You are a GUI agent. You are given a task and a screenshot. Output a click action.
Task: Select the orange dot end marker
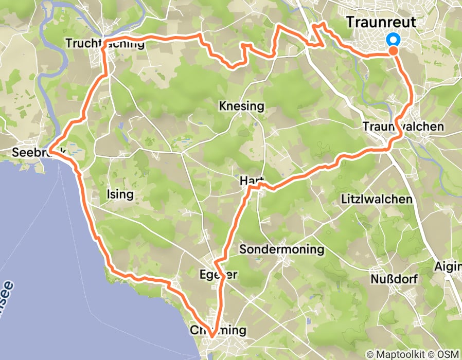[393, 50]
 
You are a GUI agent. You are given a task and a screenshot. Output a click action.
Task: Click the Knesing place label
[241, 107]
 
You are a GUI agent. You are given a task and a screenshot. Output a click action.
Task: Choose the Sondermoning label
[282, 250]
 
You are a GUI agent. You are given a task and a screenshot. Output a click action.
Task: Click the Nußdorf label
[394, 279]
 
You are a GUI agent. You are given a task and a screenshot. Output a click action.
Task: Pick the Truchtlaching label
[105, 44]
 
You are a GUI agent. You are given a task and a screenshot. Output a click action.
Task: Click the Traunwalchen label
[403, 127]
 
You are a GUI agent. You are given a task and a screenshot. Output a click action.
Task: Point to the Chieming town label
[218, 330]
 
